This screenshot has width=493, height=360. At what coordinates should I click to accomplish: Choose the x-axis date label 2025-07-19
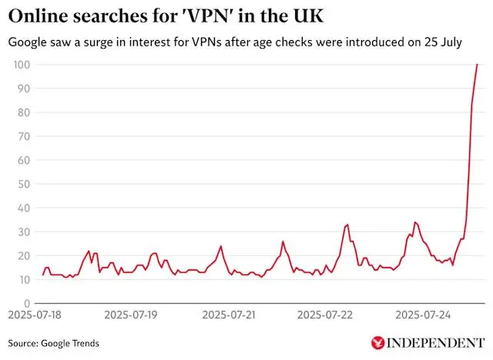coord(131,315)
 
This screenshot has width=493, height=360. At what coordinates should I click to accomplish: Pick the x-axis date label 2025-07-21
coord(227,315)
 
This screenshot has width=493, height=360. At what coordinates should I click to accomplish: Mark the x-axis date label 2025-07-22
coord(324,315)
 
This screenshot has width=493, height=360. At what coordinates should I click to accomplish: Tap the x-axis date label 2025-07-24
coord(421,315)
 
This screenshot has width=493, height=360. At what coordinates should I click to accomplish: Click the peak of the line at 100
coord(478,65)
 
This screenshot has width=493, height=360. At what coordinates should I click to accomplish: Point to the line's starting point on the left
coord(43,274)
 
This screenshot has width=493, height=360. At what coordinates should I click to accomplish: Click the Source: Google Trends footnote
coord(54,343)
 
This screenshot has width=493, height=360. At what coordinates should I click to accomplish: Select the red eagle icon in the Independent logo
coord(378,342)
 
